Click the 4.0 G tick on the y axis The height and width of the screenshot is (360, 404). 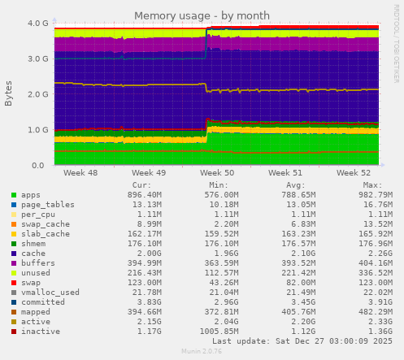[37, 24]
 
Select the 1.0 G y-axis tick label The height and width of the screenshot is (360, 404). [37, 130]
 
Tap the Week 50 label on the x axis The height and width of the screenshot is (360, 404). [217, 173]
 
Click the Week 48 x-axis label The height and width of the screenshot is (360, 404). [80, 173]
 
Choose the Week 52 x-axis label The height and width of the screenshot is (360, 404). [354, 173]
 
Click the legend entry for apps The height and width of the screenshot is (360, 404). [31, 195]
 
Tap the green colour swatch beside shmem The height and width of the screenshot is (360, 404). [13, 244]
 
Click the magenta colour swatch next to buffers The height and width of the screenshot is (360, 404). [13, 263]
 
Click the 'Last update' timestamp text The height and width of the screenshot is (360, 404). [302, 341]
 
